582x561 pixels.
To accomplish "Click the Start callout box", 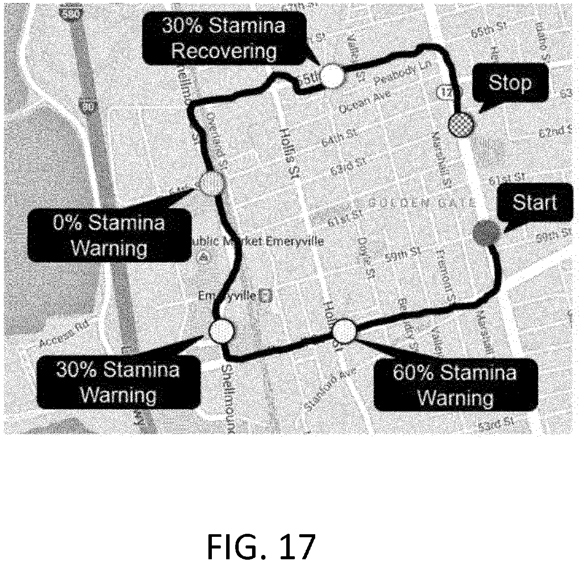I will (535, 203).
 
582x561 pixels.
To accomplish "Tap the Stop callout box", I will (510, 82).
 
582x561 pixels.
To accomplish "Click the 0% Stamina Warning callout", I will (109, 236).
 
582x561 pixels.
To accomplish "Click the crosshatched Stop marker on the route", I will (461, 125).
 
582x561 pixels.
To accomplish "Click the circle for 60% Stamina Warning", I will (345, 331).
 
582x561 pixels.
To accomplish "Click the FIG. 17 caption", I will (261, 545).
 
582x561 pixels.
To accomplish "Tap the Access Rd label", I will (63, 333).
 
